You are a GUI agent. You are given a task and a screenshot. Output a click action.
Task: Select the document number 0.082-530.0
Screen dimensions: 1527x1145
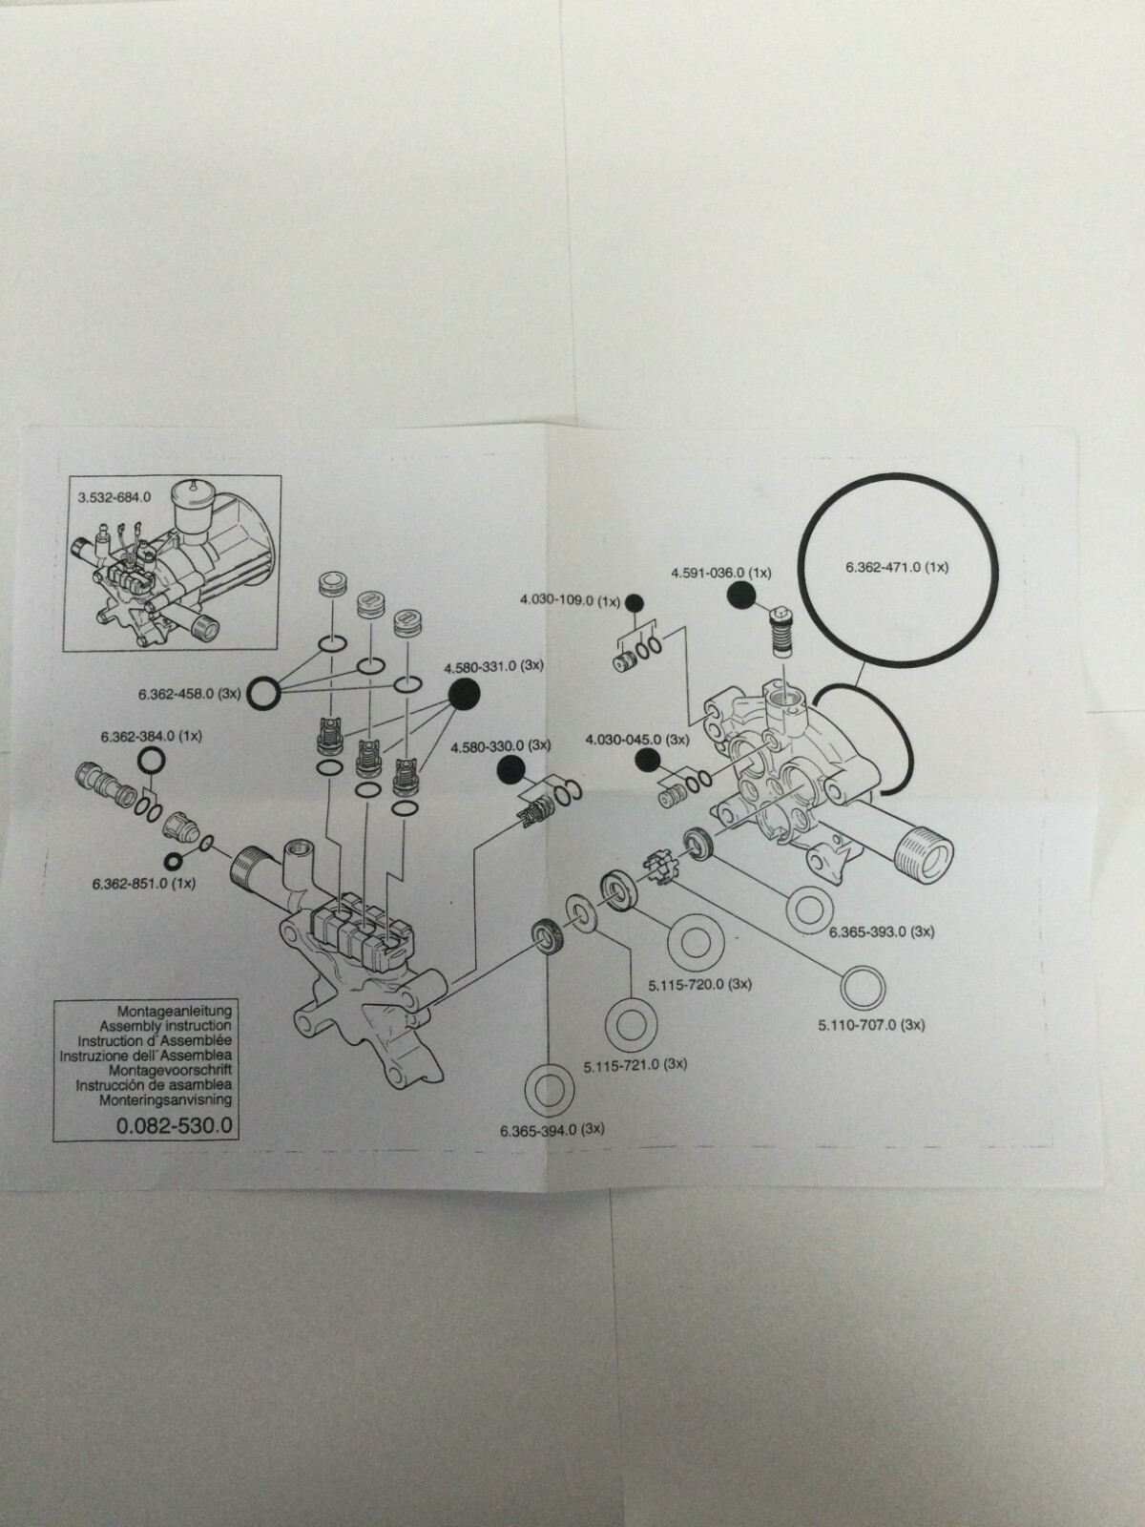point(174,1125)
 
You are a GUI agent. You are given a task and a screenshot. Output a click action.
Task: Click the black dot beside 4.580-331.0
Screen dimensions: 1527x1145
point(464,695)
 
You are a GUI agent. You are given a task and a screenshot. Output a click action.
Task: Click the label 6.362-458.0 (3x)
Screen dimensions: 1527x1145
point(188,694)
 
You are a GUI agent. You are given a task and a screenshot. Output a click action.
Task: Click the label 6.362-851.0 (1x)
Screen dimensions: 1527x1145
point(144,884)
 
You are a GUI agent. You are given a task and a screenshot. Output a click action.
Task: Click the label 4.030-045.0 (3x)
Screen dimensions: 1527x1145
point(636,739)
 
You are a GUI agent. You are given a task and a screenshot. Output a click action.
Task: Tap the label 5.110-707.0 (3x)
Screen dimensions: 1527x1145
point(871,1025)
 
